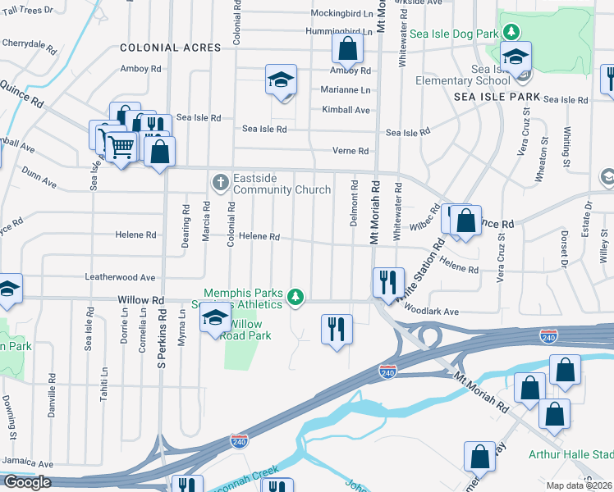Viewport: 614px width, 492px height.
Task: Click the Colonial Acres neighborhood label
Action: click(170, 48)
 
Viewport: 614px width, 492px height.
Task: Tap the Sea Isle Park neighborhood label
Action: click(497, 97)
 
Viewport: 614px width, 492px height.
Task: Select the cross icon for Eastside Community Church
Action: click(220, 181)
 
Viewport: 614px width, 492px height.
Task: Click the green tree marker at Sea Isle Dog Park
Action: click(511, 31)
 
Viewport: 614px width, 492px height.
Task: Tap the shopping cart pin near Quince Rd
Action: click(121, 148)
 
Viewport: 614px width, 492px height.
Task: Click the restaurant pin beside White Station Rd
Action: click(385, 281)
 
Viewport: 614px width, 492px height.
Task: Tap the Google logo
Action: click(27, 482)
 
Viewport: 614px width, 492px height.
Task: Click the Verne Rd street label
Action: click(351, 151)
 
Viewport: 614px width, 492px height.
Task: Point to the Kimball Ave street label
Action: click(346, 110)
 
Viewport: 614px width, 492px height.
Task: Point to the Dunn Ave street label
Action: click(39, 173)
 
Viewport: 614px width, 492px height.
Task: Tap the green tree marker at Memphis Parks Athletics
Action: click(300, 296)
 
